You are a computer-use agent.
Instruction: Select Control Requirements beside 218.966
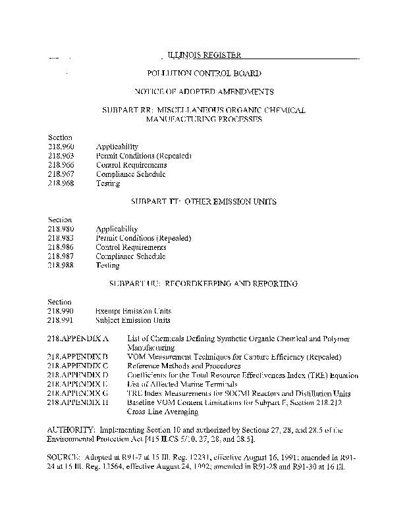(131, 165)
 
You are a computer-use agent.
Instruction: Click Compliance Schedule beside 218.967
(130, 174)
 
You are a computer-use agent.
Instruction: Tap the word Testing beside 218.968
(108, 183)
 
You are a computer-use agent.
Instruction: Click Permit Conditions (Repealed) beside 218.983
(144, 238)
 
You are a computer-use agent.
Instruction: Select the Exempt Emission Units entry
(133, 311)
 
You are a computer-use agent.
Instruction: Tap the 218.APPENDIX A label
(78, 338)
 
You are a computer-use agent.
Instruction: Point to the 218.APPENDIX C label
(78, 366)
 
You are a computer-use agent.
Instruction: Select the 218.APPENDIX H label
(78, 402)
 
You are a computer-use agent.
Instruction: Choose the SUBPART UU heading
(203, 283)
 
